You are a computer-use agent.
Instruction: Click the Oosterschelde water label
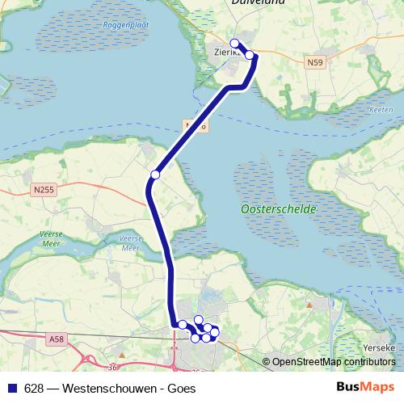coord(278,209)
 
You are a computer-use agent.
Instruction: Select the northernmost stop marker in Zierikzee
coord(234,43)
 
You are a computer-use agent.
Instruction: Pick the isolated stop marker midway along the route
coord(155,174)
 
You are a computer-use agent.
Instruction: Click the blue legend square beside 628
coord(11,388)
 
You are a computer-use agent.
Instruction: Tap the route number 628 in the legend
coord(34,388)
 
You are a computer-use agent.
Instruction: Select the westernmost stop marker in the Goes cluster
coord(182,325)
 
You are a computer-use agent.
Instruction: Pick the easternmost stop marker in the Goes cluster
coord(215,332)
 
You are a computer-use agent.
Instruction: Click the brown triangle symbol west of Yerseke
coord(309,305)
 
